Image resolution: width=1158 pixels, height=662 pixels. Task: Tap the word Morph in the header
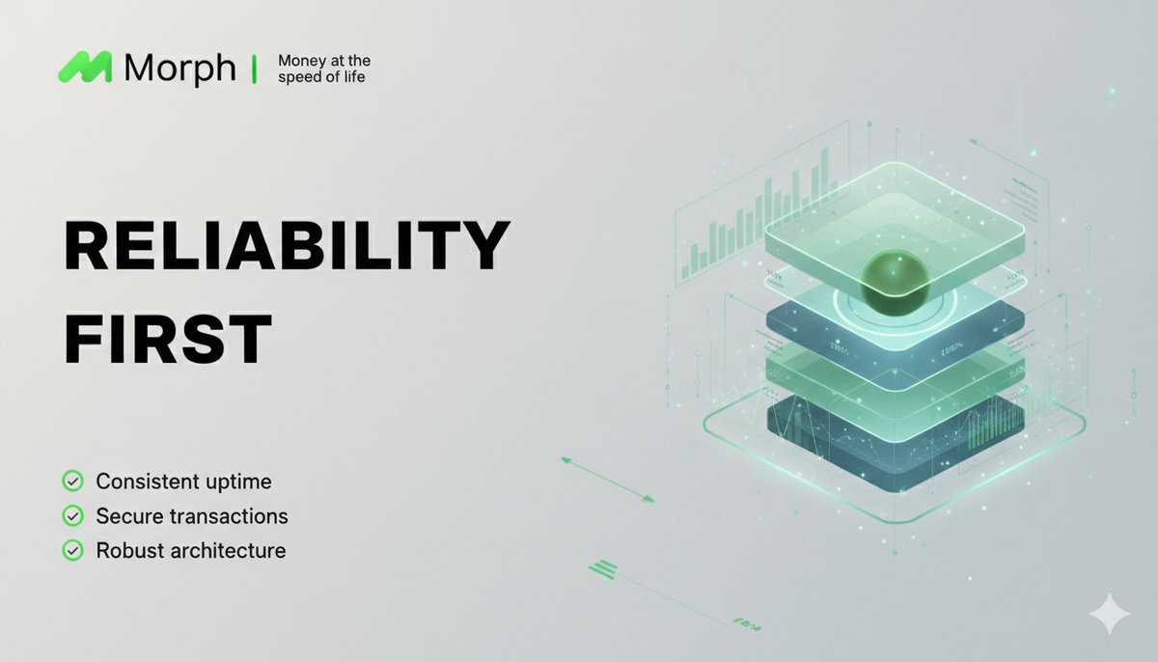[179, 69]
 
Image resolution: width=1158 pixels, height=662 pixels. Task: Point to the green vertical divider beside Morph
[254, 69]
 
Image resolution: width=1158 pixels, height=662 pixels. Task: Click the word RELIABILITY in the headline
[287, 246]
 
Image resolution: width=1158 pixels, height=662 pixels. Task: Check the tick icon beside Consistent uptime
[72, 481]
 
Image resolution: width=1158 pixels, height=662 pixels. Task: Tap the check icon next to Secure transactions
[72, 516]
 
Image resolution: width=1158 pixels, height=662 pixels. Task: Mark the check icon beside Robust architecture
[72, 551]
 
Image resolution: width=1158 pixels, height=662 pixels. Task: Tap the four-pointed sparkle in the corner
[1108, 614]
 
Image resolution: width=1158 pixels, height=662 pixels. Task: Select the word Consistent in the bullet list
[142, 481]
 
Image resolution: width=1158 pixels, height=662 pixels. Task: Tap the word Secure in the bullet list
[127, 516]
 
